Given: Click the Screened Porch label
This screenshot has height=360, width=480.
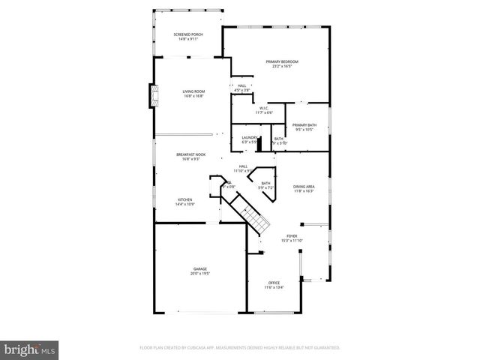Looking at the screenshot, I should coord(187,34).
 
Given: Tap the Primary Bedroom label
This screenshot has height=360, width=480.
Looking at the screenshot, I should coord(282,61).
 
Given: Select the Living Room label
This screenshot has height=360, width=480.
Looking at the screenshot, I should coord(193,91).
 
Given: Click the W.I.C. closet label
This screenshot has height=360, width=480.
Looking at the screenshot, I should coord(264,108).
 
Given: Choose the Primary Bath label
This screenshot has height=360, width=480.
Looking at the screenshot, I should coord(304,125).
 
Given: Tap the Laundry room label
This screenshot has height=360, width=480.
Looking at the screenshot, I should coord(250,137).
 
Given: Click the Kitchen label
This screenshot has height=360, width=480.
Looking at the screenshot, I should coord(184,199).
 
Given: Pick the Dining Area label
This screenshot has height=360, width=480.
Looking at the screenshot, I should coord(304,186).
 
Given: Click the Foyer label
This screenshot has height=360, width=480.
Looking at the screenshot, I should coord(292,236).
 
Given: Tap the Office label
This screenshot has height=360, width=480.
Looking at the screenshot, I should coord(274,283).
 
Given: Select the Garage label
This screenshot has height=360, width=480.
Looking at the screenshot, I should coord(199,269).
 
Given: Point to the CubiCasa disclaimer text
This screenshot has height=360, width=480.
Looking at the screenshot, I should coord(240,348).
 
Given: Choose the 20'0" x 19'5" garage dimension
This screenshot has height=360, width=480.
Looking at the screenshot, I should coord(199,274).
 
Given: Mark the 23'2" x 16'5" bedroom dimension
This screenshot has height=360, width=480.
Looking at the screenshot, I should coord(282,66).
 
